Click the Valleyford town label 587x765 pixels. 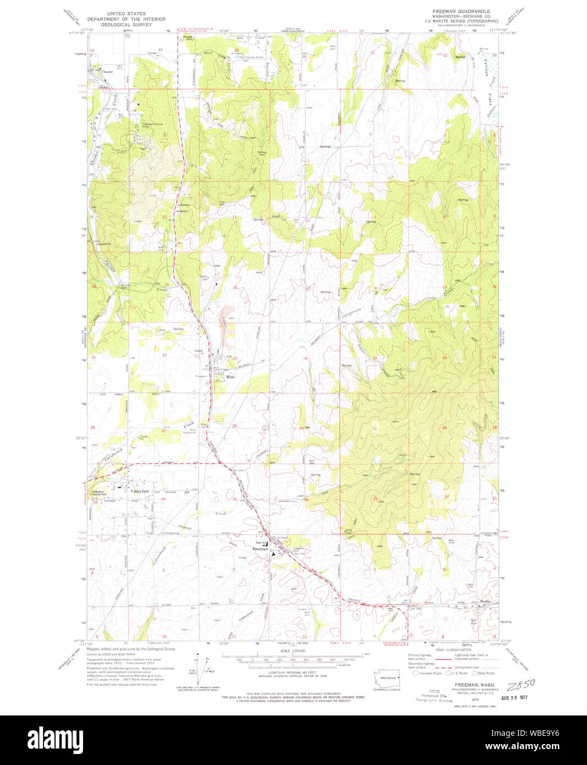coord(140,491)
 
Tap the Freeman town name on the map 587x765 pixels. coord(260,549)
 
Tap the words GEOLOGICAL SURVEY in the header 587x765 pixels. coord(127,25)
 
